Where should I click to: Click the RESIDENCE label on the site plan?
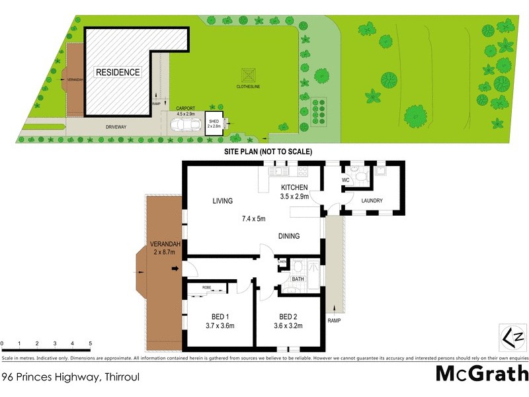[118, 72]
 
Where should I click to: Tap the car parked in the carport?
[184, 124]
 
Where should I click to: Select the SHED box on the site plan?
[214, 124]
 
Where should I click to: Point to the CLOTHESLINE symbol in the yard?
[250, 75]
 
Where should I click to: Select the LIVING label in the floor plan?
[224, 200]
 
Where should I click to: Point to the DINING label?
[288, 236]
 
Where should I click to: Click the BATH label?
[298, 280]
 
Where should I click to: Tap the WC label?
[345, 179]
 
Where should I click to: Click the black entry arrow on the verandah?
[175, 268]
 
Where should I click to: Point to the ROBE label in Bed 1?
[207, 288]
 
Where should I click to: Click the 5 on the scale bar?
[90, 343]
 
